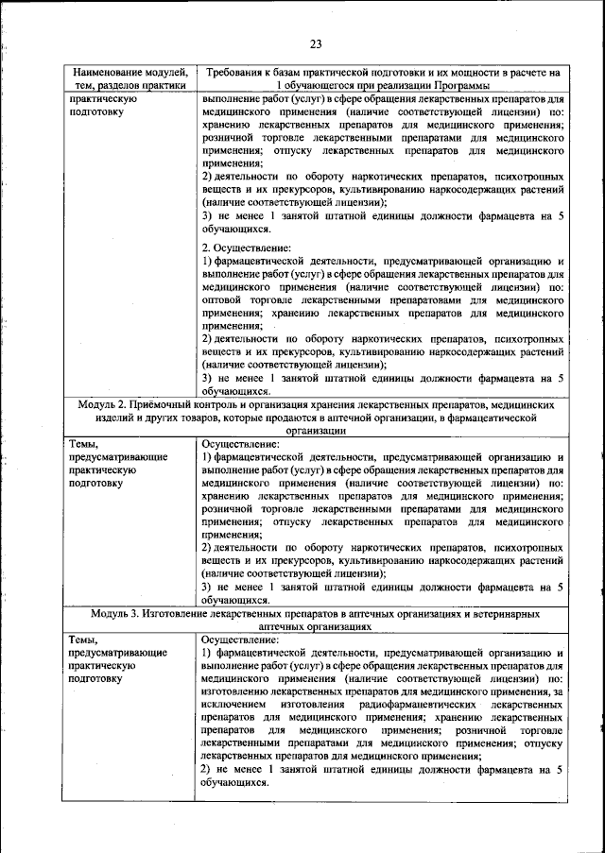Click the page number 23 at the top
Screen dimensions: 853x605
coord(316,42)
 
